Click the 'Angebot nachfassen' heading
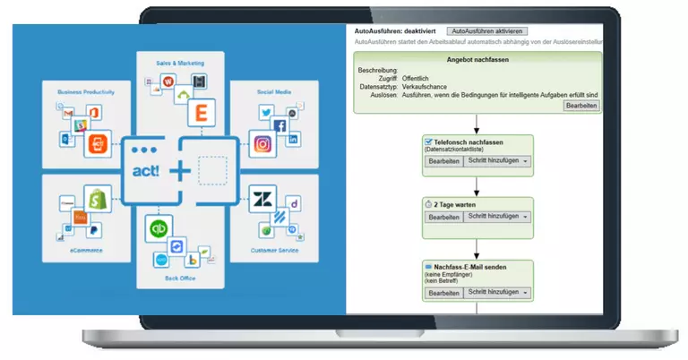coord(477,59)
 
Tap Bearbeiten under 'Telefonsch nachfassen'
coord(443,161)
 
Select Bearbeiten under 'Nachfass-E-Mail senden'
coord(443,293)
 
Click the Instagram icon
coord(262,144)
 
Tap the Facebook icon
coord(280,125)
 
